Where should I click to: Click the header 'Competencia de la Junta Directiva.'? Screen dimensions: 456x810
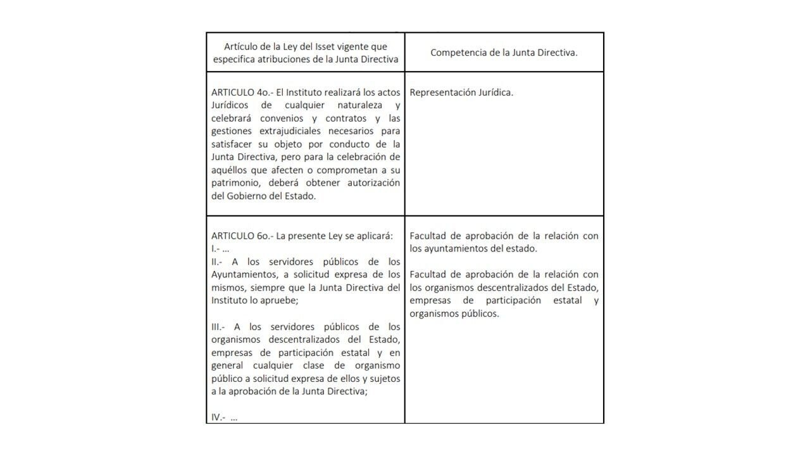click(504, 53)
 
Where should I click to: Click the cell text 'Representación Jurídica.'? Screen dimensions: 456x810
click(461, 92)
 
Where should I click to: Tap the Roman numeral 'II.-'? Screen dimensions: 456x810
click(217, 262)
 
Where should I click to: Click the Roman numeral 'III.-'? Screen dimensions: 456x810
click(218, 327)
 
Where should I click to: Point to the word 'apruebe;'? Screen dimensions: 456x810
click(280, 300)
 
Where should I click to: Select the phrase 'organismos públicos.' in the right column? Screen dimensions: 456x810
click(454, 313)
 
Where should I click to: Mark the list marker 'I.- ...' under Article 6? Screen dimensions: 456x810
click(220, 248)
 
